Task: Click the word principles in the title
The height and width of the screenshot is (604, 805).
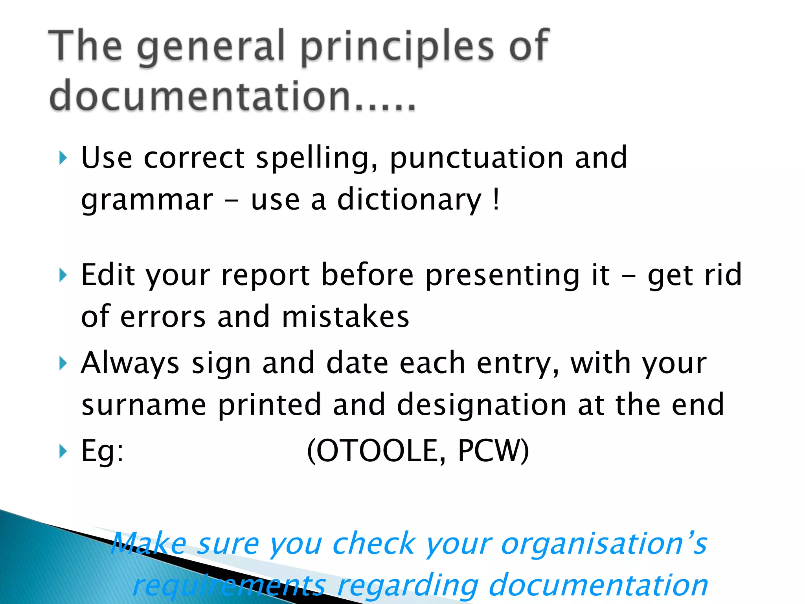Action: coord(397,47)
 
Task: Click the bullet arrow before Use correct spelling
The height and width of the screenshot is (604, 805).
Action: coord(62,158)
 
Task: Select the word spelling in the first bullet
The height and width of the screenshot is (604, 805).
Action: coord(316,158)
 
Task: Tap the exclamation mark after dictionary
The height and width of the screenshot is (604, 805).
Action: coord(496,199)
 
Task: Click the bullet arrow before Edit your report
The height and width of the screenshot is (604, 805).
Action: coord(62,275)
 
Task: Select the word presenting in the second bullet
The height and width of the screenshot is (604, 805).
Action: coord(503,275)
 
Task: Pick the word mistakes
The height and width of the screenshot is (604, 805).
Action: coord(346,317)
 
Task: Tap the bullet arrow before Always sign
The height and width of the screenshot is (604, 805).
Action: coord(62,363)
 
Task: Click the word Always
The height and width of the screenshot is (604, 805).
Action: coord(130,363)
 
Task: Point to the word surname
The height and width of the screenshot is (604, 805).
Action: coord(144,405)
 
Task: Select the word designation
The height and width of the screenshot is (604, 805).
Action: coord(482,405)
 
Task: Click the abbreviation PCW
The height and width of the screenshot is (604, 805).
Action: coord(489,451)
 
